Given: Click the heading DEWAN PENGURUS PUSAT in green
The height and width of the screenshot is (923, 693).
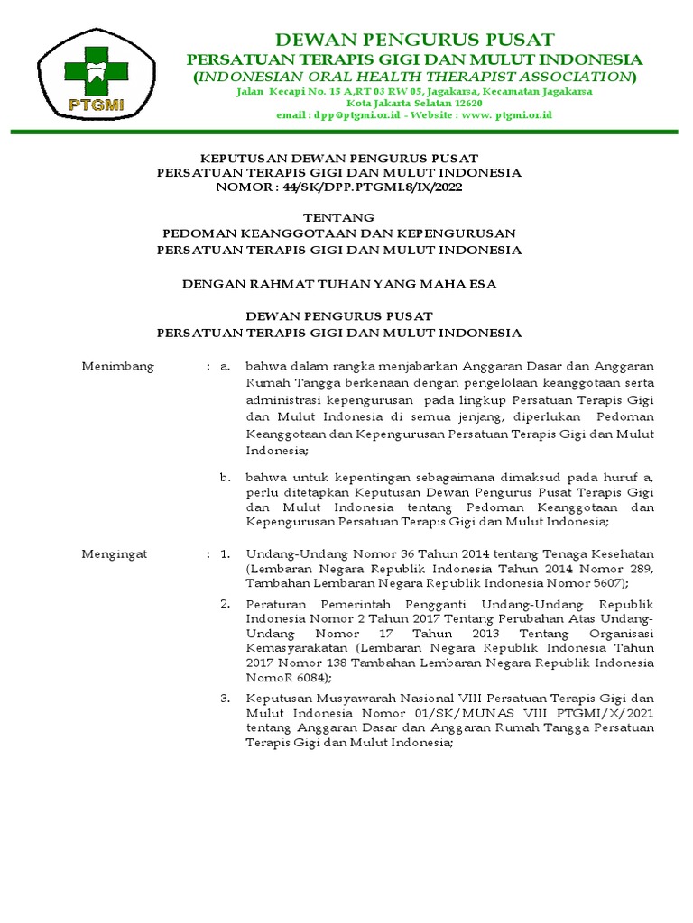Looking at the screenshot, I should [x=415, y=39].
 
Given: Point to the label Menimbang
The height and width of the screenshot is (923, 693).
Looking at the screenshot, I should [x=118, y=366].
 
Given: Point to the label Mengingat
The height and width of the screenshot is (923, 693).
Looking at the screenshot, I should [x=115, y=553].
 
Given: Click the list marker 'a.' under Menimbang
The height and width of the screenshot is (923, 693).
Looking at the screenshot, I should [x=226, y=366].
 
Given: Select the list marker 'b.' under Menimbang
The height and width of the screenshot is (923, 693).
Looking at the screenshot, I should [x=226, y=476].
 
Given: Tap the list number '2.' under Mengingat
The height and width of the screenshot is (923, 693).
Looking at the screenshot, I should [x=226, y=602].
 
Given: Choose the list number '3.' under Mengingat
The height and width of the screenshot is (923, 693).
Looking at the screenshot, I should [x=226, y=698].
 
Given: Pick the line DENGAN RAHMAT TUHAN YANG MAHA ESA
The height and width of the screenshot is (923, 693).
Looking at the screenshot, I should [x=339, y=283].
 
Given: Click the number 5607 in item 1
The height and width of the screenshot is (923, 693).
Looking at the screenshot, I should [x=604, y=585].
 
